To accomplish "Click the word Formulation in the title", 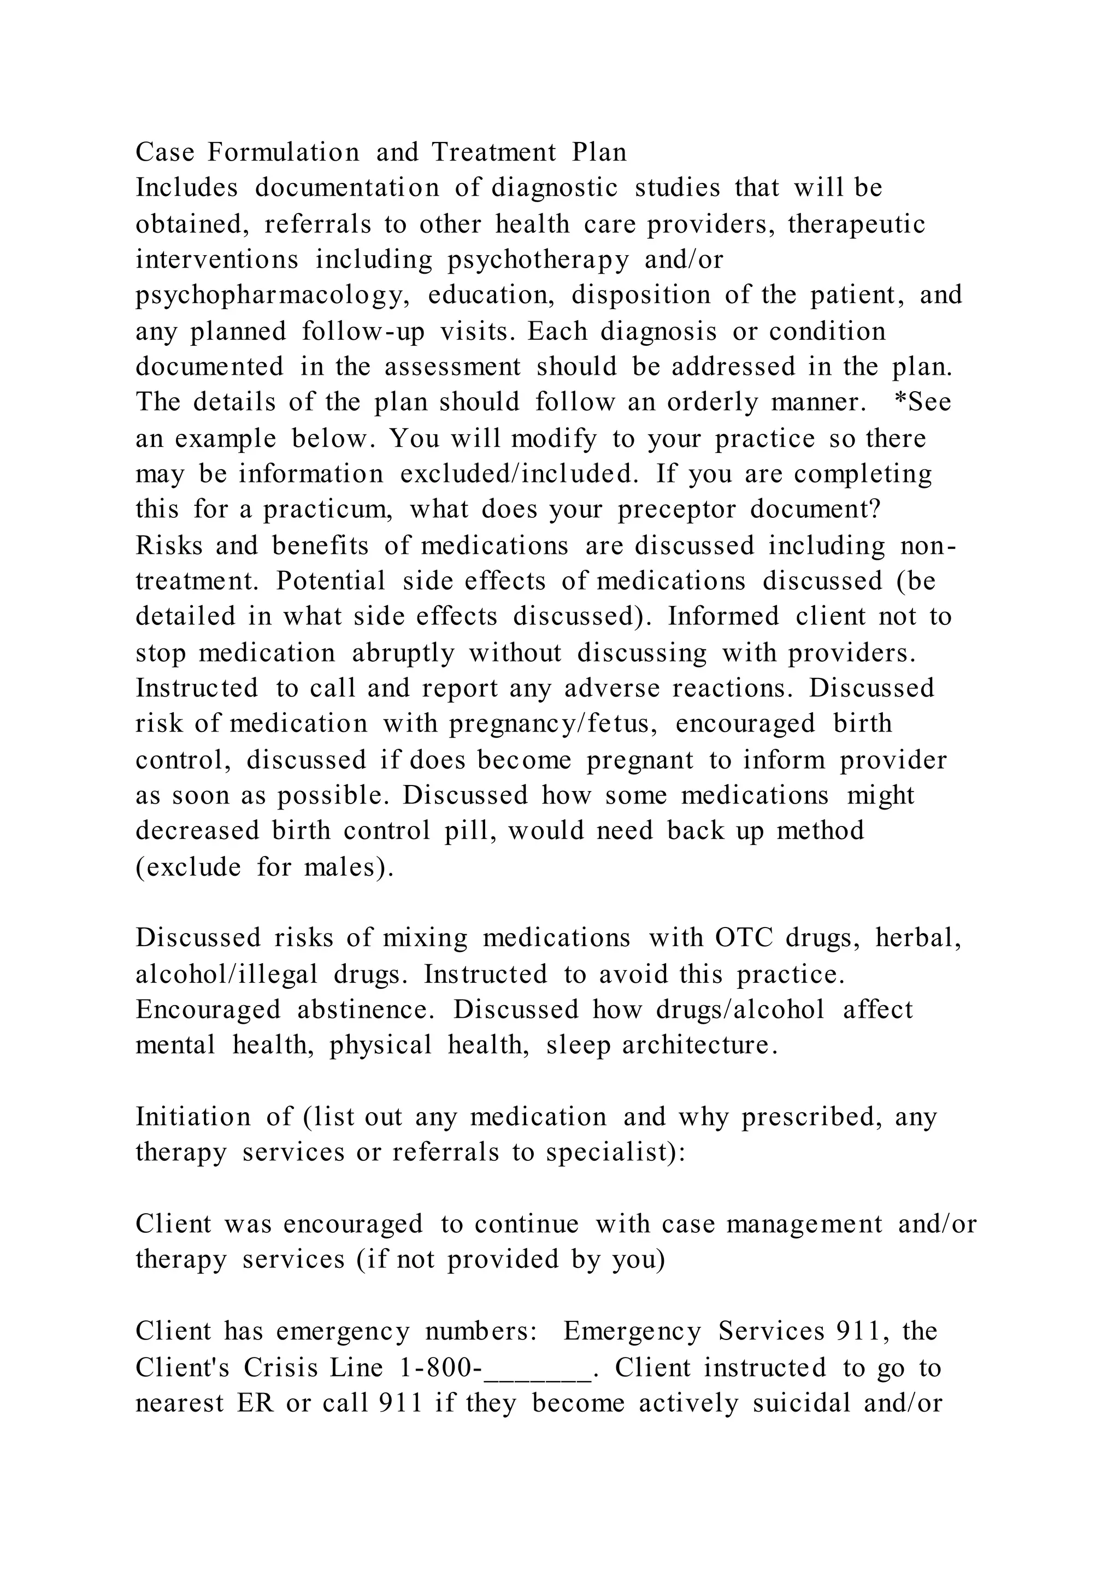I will [x=283, y=152].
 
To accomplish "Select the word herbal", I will [x=918, y=938].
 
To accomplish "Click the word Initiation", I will [x=193, y=1117].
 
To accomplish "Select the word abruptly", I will [x=403, y=652].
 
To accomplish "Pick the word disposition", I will [x=641, y=296].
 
